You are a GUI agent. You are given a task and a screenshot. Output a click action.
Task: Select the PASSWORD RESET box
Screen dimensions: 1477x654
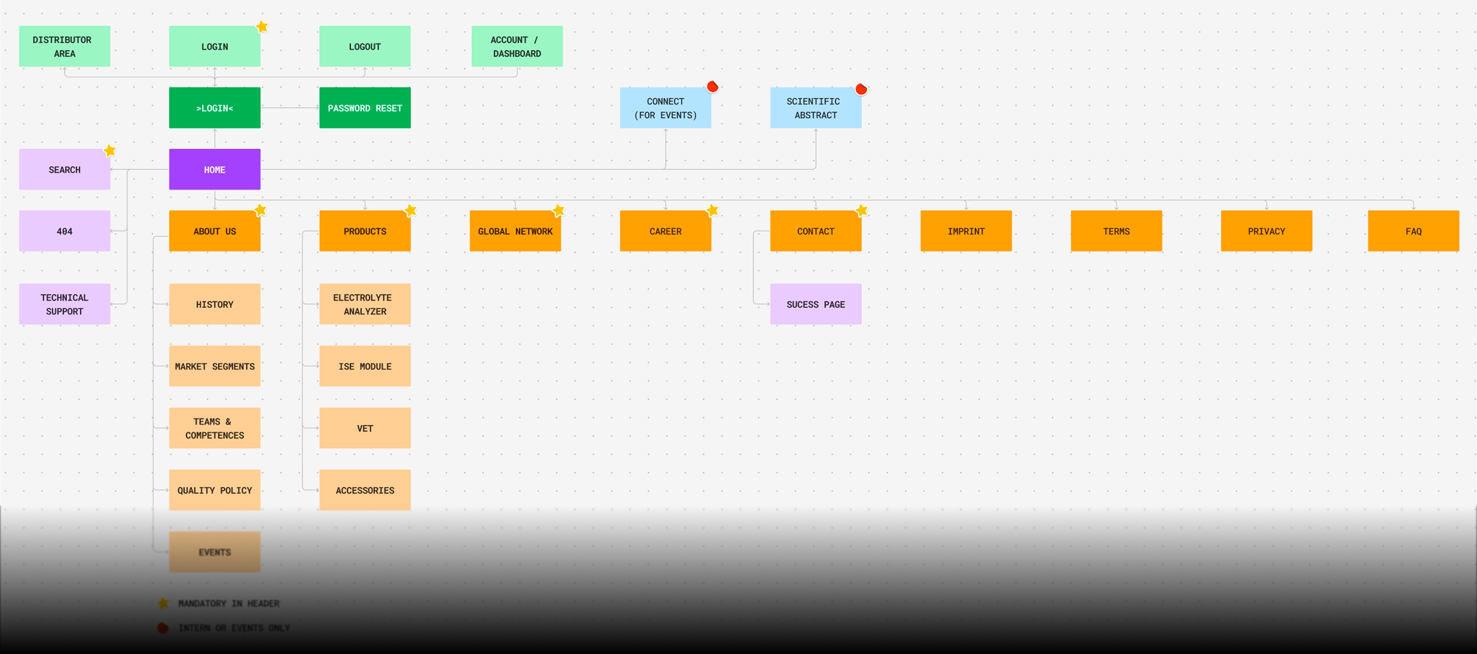(x=365, y=108)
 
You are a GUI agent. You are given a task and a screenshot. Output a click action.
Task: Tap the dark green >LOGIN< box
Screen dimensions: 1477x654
(x=215, y=108)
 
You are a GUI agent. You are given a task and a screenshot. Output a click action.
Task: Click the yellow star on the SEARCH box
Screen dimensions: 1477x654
(x=110, y=151)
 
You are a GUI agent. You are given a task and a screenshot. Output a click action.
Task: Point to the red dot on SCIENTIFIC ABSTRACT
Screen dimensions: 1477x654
(x=861, y=89)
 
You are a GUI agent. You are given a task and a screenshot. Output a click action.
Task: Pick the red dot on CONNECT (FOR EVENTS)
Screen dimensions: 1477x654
(x=712, y=87)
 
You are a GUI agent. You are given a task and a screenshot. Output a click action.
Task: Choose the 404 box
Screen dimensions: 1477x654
(x=64, y=231)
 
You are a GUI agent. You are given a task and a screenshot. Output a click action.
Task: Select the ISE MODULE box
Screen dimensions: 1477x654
(x=365, y=366)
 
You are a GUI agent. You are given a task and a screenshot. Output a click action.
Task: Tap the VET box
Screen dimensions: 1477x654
(x=365, y=428)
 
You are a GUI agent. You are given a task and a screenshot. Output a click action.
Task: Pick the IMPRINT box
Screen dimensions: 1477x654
(x=966, y=231)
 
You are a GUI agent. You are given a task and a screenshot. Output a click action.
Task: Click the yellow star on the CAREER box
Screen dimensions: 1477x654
(x=712, y=210)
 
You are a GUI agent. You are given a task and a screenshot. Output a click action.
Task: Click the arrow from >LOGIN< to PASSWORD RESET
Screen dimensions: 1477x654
(x=289, y=107)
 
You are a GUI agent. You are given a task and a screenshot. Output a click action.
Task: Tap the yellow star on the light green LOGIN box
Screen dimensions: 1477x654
(x=262, y=27)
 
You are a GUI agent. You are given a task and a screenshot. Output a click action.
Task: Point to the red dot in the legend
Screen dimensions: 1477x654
(x=163, y=628)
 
